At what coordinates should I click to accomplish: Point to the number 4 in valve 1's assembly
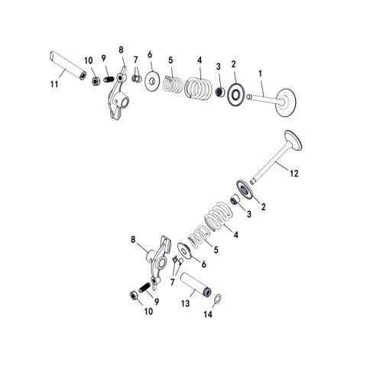tap(200, 60)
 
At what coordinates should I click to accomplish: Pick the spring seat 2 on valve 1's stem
tap(237, 95)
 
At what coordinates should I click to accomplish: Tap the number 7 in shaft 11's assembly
tap(135, 59)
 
